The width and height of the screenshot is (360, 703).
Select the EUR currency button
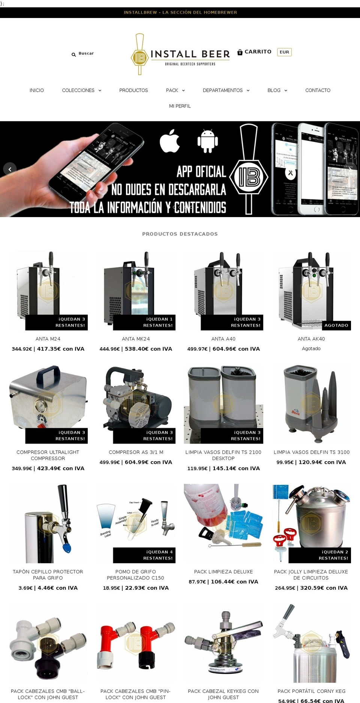[284, 52]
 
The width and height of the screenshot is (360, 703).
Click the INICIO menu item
[37, 90]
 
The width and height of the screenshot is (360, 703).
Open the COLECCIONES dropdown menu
[81, 90]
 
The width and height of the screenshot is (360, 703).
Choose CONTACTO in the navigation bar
[318, 90]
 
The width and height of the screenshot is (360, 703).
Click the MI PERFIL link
[180, 106]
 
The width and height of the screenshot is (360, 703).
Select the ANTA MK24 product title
[136, 339]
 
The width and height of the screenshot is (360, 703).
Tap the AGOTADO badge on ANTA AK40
[336, 325]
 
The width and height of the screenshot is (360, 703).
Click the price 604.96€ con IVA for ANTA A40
[236, 349]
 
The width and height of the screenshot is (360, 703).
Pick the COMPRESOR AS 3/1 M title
[136, 452]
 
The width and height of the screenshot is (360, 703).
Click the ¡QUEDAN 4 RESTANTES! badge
[144, 555]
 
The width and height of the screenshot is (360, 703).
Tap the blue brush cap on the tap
[67, 548]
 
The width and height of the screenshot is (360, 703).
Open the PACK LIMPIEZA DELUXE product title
[223, 572]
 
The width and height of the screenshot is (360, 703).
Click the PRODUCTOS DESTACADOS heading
[180, 234]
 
